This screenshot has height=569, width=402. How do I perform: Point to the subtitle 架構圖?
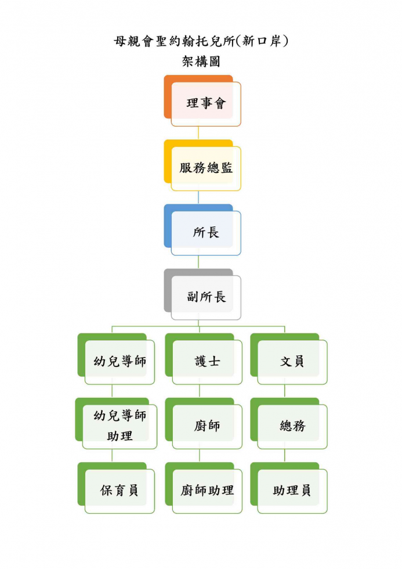(201, 62)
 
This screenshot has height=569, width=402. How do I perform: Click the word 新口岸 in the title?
(262, 41)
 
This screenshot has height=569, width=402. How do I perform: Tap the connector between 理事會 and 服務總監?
(198, 133)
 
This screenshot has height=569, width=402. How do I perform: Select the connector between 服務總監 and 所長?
(198, 197)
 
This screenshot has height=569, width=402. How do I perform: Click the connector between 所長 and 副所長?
(198, 262)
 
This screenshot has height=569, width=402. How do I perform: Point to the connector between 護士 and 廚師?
(200, 391)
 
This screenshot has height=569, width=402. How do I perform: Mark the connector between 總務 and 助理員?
(285, 456)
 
